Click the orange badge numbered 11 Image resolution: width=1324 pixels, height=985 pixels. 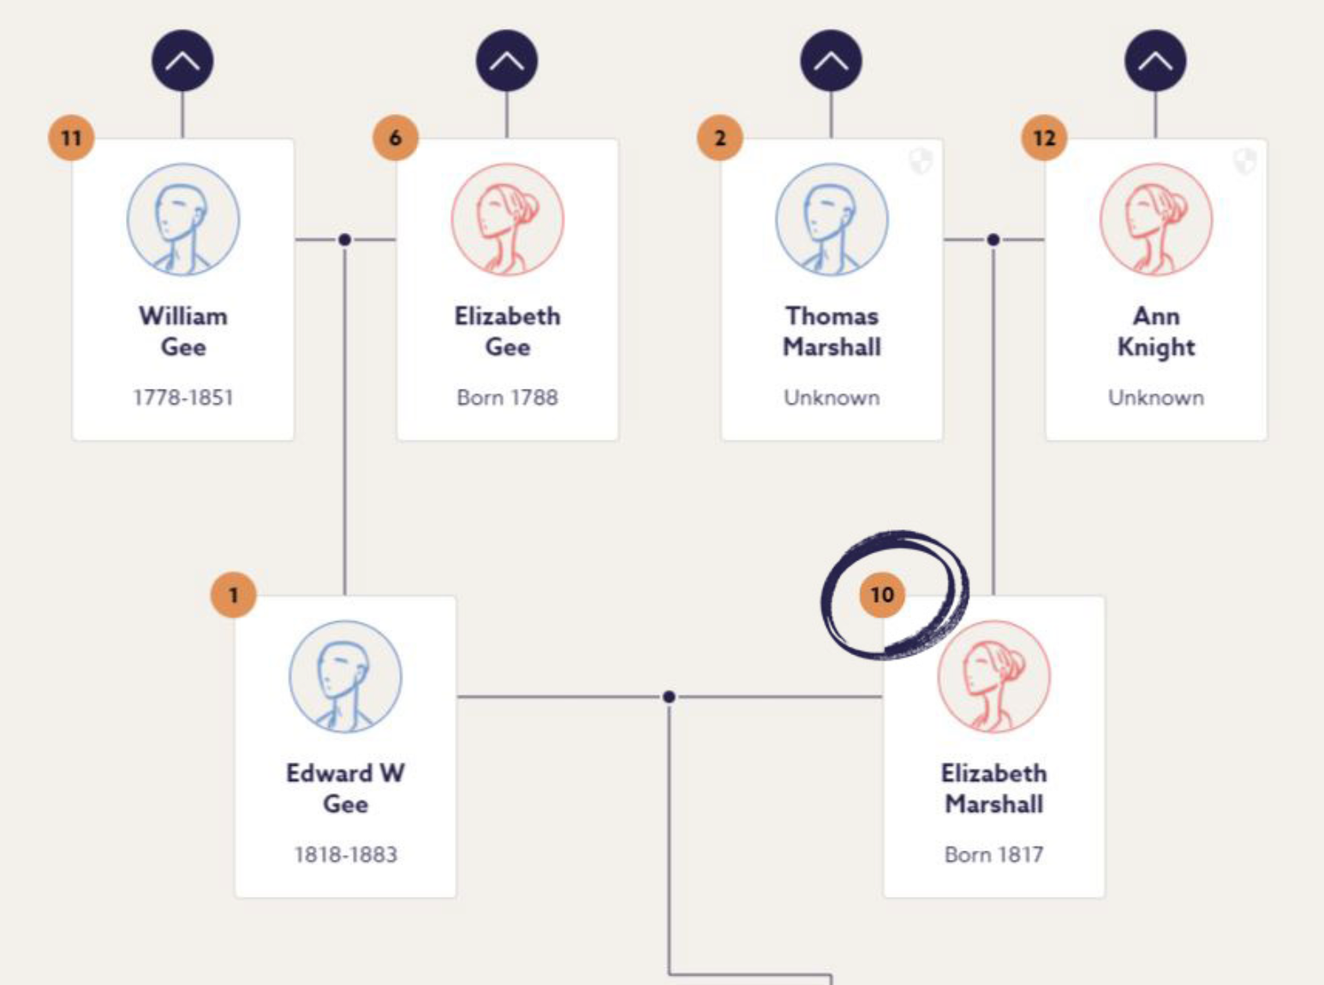coord(72,138)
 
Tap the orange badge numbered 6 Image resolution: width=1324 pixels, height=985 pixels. coord(396,138)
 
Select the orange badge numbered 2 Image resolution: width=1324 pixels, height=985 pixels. coord(720,138)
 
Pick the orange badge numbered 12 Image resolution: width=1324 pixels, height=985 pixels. coord(1045,138)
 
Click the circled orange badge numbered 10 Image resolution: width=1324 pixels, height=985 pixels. coord(882,594)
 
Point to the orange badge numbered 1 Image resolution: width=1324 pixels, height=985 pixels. coord(234,594)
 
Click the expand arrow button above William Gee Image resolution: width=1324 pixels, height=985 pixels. coord(182,60)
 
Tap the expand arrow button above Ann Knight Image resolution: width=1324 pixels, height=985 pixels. coord(1155,60)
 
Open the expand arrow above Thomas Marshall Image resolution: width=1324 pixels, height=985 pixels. coord(831,60)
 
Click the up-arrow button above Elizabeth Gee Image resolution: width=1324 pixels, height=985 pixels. coord(507,60)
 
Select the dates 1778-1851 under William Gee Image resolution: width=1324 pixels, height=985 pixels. coord(183,397)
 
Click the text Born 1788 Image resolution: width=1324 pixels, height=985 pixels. coord(507,397)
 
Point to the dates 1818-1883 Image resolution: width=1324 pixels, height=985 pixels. coord(346,855)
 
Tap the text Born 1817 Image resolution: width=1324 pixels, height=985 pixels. coord(994,855)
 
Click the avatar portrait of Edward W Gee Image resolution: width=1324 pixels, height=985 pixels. coord(346,677)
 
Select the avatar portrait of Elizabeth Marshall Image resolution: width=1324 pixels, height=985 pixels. coord(994,677)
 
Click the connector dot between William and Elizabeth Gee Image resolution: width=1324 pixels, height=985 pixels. coord(344,239)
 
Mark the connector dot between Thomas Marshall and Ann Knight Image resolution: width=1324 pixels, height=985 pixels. coord(993,239)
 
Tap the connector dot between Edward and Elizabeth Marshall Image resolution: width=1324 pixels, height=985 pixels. coord(669,696)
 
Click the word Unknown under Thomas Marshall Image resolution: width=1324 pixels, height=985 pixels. coord(832,397)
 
